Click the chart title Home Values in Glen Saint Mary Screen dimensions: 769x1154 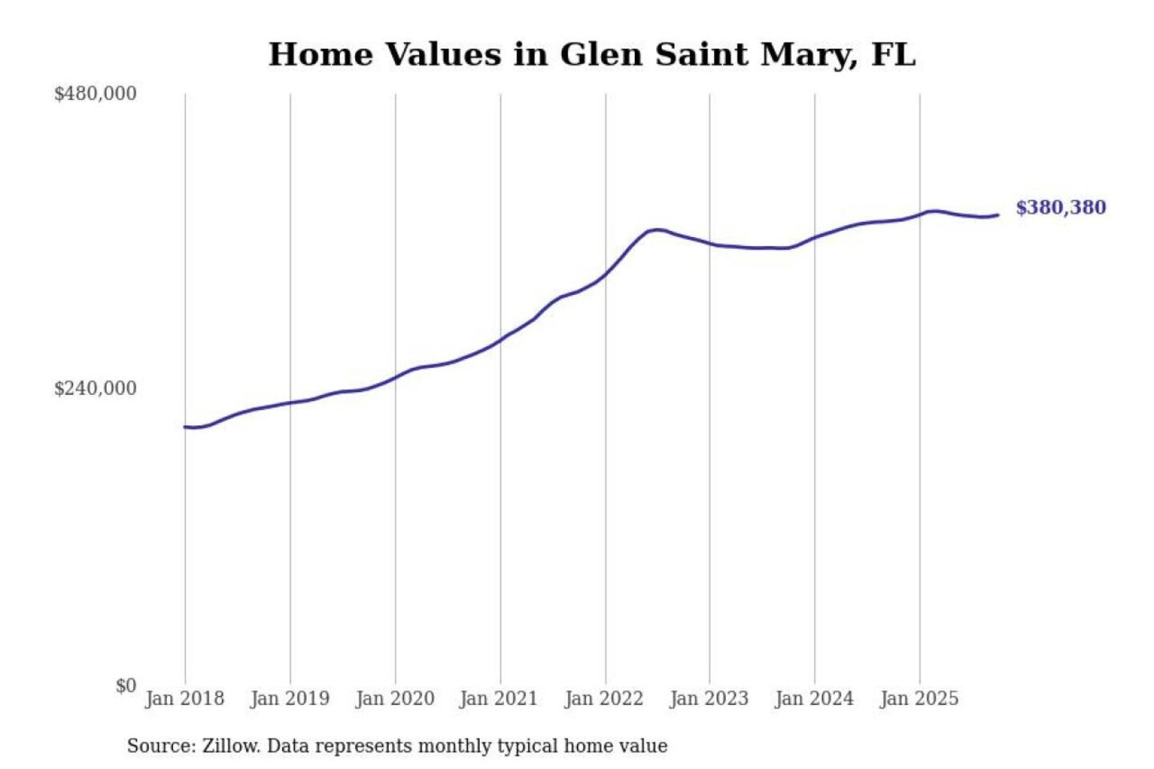(x=591, y=54)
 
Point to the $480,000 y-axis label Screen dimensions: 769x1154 (x=95, y=94)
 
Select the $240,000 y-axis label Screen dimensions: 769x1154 (x=95, y=389)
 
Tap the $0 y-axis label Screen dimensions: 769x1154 (x=126, y=686)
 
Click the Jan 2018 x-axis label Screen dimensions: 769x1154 (x=184, y=699)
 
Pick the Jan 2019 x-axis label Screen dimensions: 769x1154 (x=289, y=699)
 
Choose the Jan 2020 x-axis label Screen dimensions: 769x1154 (x=394, y=699)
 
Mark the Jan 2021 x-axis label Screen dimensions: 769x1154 (x=498, y=699)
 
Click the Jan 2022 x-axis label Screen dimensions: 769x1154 (x=603, y=699)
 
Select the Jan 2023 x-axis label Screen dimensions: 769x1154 (x=708, y=699)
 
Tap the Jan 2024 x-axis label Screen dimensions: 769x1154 (x=813, y=699)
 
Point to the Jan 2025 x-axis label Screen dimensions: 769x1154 (x=918, y=699)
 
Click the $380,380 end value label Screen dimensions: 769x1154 (x=1060, y=207)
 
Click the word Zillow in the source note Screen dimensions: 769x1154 (x=231, y=746)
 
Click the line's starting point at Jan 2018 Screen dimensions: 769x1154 (x=185, y=427)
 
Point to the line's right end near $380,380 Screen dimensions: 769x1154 (x=998, y=215)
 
